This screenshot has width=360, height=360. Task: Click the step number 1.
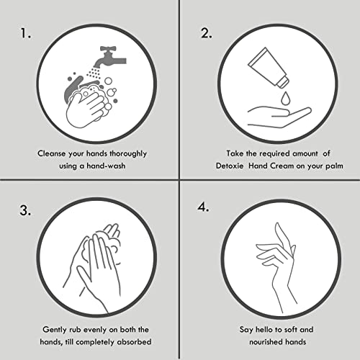coord(26,33)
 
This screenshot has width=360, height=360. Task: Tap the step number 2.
coord(207,33)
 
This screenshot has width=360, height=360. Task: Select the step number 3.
coord(25,210)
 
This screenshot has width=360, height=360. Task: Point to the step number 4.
coord(203,207)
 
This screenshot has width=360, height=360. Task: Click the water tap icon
coord(110,57)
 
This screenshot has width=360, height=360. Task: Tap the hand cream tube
coord(268,67)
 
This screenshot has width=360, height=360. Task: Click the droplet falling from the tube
coord(285,98)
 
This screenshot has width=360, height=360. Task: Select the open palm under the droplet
coord(279,117)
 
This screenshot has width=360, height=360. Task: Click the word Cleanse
coord(52,153)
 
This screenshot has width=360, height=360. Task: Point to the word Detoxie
coord(230,166)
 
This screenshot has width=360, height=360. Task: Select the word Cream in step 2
coord(282,166)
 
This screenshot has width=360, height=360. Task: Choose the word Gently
coord(55,330)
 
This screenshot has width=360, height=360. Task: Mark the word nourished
coord(263,342)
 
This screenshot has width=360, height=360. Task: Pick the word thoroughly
coord(128,154)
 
